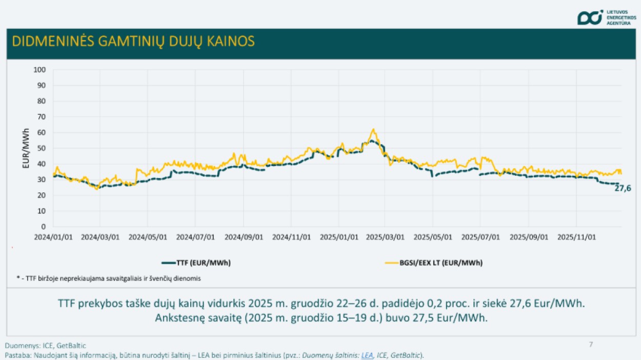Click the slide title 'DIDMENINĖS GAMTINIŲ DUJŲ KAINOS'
coord(133,42)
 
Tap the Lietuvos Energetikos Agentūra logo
coord(607,17)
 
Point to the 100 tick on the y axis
coord(39,69)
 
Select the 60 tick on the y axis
coord(41,132)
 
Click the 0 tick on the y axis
coord(43,227)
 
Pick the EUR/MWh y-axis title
coord(26,149)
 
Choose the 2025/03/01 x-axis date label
coord(387,237)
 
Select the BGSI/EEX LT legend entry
coord(433,263)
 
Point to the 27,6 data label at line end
coord(623,189)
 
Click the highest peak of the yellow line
coord(373,129)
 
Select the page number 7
coord(591,344)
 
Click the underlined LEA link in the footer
coord(367,355)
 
